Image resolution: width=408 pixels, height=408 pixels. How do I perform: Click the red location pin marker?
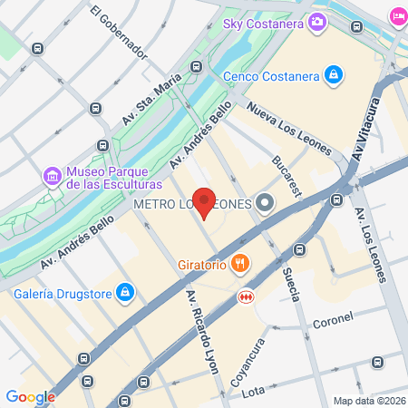tap(205, 203)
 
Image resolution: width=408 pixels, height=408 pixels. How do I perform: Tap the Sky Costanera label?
tap(264, 22)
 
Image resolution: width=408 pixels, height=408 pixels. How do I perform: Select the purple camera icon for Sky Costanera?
tap(317, 22)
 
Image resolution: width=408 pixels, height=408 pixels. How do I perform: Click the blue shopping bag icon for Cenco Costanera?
tap(334, 73)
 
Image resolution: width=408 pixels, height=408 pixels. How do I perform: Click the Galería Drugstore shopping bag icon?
tap(126, 292)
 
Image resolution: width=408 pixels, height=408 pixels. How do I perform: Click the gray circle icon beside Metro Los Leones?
tap(265, 203)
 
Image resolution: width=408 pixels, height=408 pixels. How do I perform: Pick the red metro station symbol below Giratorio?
tap(245, 296)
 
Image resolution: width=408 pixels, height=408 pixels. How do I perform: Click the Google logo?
tap(30, 396)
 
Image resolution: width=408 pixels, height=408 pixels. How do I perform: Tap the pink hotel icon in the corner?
tap(397, 16)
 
